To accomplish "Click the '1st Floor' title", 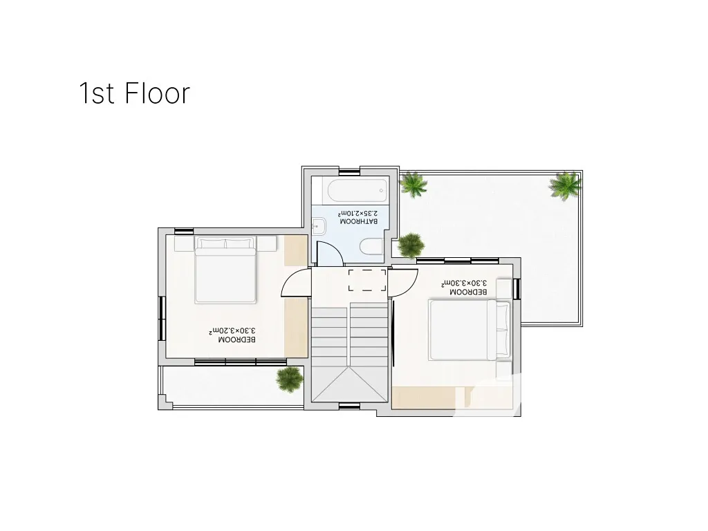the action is tap(135, 93).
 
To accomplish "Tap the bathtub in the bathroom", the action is tap(357, 191).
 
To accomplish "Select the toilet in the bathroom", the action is tap(371, 247).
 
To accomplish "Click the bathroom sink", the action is tap(319, 226).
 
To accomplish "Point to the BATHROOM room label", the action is tap(359, 222).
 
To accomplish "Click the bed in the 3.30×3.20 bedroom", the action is tap(225, 270).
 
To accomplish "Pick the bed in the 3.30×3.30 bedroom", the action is tap(469, 330).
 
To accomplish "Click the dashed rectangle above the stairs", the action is tap(367, 281).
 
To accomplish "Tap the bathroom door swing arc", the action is tap(330, 253).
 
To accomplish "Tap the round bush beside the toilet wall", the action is tap(411, 245).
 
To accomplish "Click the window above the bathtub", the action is tap(349, 171).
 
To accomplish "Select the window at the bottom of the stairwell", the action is tap(349, 406).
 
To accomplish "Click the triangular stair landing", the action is tap(350, 385).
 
